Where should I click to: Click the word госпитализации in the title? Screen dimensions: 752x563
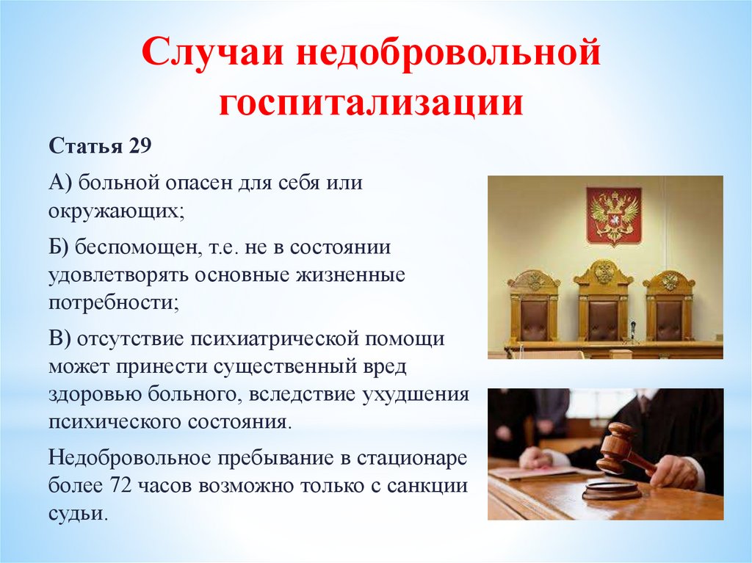(x=371, y=102)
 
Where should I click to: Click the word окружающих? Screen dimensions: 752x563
(x=115, y=211)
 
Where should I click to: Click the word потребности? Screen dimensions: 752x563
(x=114, y=303)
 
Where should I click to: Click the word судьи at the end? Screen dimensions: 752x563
(x=76, y=514)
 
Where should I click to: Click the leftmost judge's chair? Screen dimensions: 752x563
(x=534, y=305)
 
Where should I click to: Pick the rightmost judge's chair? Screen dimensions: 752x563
(x=669, y=305)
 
